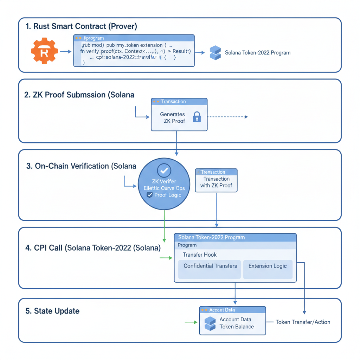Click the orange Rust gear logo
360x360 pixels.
[x=44, y=51]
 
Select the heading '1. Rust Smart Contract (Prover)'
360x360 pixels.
[x=81, y=26]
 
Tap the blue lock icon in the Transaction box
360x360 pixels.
[x=197, y=117]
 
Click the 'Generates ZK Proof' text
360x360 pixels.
[x=172, y=117]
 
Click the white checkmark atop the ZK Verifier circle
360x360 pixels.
[x=164, y=171]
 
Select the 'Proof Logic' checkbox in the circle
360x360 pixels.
[x=150, y=195]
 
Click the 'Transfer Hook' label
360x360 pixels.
[x=200, y=255]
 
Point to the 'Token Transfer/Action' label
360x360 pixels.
[x=303, y=322]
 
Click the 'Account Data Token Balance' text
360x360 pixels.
[x=236, y=323]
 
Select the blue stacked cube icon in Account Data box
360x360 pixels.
[x=210, y=323]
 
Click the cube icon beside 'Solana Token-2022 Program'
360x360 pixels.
[x=215, y=53]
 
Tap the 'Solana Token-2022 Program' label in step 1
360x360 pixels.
[x=257, y=53]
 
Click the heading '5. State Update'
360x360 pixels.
[x=52, y=311]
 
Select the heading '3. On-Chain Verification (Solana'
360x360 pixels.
[x=81, y=166]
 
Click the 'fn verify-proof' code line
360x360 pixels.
[x=135, y=51]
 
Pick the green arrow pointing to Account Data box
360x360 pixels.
[x=191, y=322]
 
